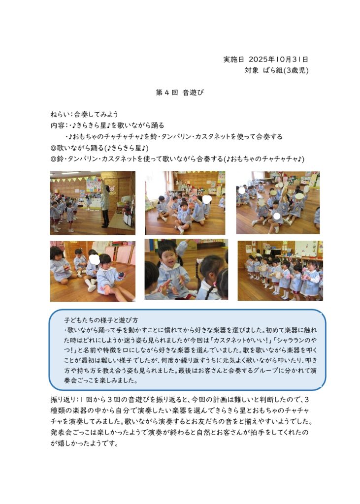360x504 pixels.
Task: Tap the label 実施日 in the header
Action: [234, 60]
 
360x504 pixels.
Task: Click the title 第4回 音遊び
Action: [180, 93]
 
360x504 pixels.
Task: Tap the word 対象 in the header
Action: [251, 70]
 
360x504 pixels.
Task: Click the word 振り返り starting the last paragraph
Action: [63, 399]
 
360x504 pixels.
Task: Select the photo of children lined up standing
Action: [280, 270]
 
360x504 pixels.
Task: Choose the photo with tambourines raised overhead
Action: [278, 202]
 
